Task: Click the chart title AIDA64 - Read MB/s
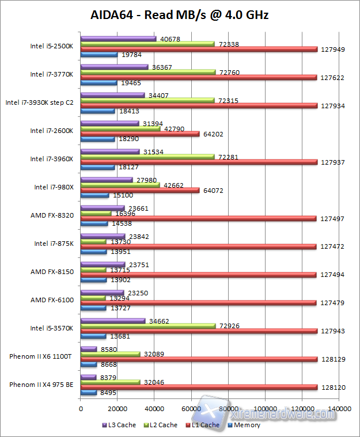pos(180,16)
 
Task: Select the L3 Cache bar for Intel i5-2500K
pos(118,39)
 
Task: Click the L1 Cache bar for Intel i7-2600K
pos(140,134)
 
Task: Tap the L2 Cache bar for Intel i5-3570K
pos(148,326)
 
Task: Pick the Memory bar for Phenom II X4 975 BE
pos(89,393)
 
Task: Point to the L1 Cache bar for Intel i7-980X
pos(140,190)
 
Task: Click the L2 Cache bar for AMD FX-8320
pos(96,214)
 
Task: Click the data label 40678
pos(168,39)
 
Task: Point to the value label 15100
pos(121,196)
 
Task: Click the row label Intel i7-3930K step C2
pos(39,102)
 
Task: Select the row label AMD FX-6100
pos(52,299)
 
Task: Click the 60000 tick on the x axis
pos(191,408)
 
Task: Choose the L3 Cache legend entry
pos(120,425)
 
